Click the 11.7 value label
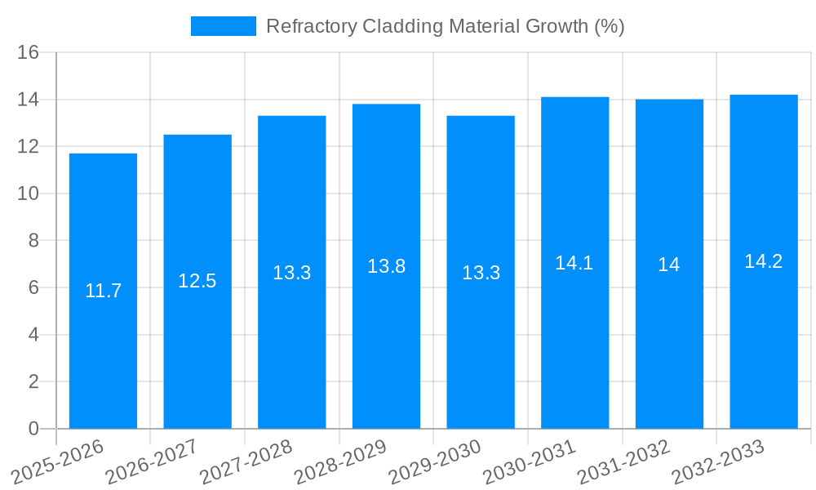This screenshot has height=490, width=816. (103, 291)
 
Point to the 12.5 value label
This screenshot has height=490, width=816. (197, 281)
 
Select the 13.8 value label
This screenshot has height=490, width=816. (386, 266)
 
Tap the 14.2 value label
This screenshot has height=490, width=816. (764, 261)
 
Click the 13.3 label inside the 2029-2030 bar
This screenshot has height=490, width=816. (481, 273)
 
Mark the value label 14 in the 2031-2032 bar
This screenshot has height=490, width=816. (669, 265)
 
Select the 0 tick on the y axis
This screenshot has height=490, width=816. (33, 429)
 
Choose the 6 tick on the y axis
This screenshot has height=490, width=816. (33, 288)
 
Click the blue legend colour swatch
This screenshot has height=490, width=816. (223, 26)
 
